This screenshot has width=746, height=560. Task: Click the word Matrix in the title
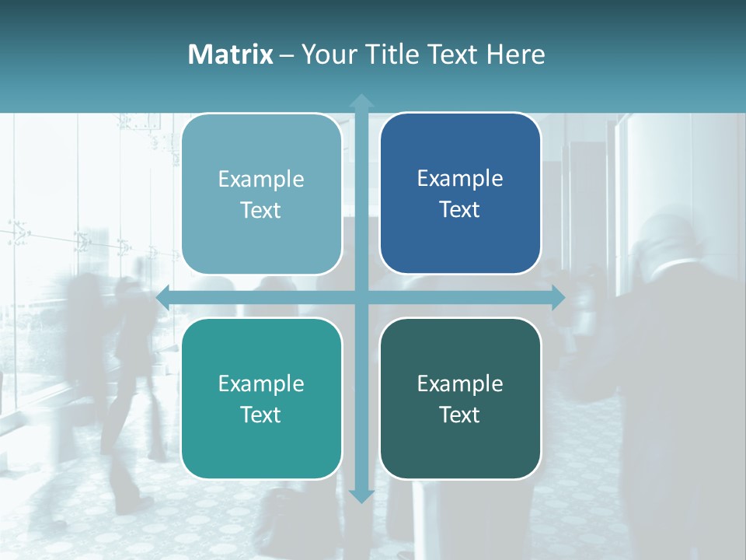click(230, 54)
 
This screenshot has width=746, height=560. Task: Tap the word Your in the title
click(326, 54)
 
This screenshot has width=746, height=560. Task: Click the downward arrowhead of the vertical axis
click(361, 495)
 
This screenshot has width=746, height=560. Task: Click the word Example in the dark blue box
click(460, 179)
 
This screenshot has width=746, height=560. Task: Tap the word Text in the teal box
click(260, 415)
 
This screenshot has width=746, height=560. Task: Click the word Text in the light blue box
click(260, 210)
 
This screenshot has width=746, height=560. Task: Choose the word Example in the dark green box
click(460, 383)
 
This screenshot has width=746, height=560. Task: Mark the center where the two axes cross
click(361, 297)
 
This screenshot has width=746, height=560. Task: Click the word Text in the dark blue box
click(459, 209)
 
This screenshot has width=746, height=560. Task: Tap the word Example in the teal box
click(261, 383)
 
